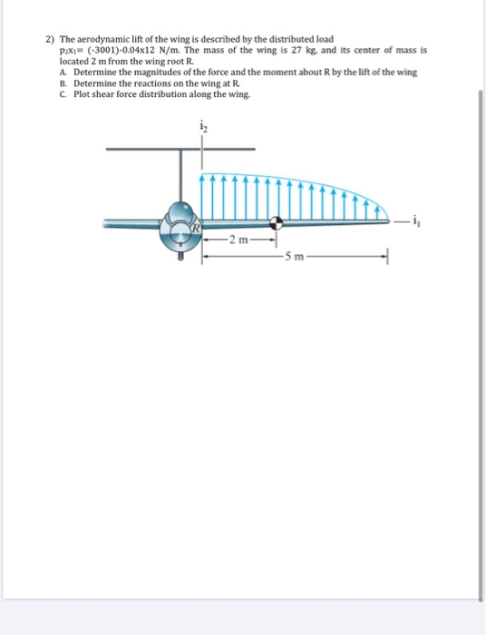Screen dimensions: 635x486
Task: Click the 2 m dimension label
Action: point(238,239)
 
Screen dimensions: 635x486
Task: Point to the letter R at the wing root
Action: point(193,229)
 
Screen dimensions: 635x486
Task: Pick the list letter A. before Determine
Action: point(63,72)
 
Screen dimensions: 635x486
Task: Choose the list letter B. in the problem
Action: point(63,83)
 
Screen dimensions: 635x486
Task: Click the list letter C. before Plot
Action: point(63,93)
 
